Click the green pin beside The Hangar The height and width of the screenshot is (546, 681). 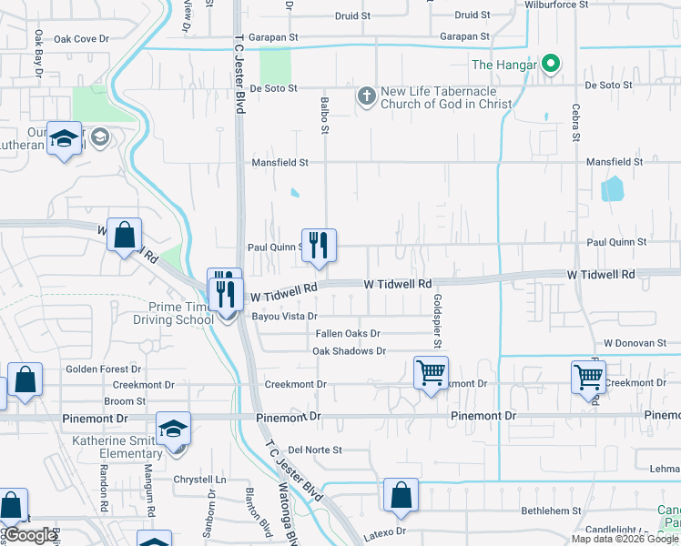550,65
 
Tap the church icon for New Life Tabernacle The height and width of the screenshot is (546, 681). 366,96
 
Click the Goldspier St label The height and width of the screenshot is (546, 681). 438,320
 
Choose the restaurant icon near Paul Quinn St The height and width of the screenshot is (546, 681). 319,245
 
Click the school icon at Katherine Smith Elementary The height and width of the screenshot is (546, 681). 174,429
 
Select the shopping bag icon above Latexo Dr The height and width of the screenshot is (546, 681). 401,495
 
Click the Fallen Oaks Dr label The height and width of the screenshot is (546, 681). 348,334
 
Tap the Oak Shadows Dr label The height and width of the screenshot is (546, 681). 350,350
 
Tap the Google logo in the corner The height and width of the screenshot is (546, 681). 30,535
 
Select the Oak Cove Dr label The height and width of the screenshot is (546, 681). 81,39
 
